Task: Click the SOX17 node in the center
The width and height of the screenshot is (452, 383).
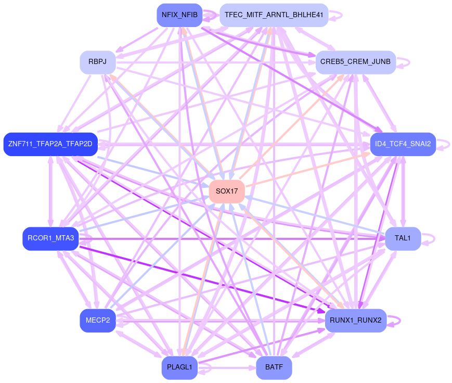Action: pyautogui.click(x=227, y=191)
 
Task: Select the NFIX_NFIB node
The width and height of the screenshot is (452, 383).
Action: pyautogui.click(x=179, y=15)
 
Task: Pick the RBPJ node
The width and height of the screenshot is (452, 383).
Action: pyautogui.click(x=97, y=62)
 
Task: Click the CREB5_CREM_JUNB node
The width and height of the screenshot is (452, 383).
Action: pyautogui.click(x=355, y=62)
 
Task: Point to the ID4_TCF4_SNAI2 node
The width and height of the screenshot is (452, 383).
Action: pyautogui.click(x=403, y=144)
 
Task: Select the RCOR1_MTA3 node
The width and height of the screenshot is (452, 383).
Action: pyautogui.click(x=50, y=238)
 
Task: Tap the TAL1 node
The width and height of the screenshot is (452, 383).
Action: pyautogui.click(x=403, y=238)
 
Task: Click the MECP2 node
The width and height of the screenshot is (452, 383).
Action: pyautogui.click(x=97, y=320)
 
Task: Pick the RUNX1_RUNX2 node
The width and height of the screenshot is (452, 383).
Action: pyautogui.click(x=356, y=320)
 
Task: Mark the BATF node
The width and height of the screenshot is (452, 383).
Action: pyautogui.click(x=274, y=367)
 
